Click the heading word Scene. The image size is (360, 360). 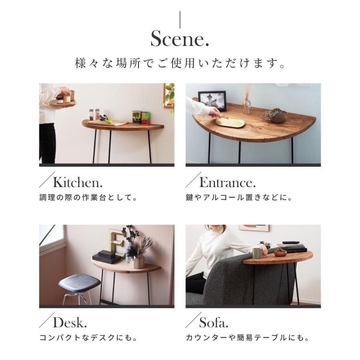click(180, 39)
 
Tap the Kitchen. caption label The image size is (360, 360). click(78, 183)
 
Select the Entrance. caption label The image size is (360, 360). click(227, 183)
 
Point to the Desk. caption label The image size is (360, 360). click(70, 322)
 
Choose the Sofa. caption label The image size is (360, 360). click(214, 322)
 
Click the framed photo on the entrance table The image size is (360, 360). click(212, 100)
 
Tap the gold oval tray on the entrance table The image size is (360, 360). click(230, 122)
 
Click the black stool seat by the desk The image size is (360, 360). click(79, 282)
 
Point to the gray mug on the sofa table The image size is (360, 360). click(257, 253)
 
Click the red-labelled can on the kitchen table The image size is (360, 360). click(146, 118)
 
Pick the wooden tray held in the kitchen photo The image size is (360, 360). click(64, 103)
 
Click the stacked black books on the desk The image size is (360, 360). click(107, 256)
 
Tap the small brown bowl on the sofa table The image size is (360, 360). click(280, 252)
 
